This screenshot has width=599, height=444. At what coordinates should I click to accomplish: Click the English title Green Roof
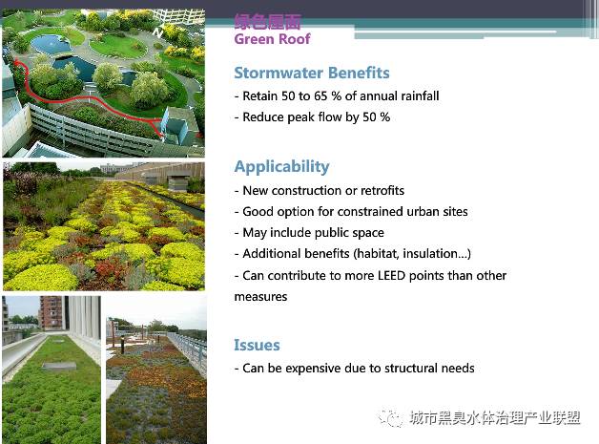[272, 38]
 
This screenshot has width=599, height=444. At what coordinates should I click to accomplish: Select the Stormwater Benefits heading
[312, 73]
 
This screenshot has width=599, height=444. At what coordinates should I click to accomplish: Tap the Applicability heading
[281, 167]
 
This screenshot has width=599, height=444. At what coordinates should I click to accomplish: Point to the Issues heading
[257, 345]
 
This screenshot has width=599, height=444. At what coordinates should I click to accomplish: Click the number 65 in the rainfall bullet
[320, 96]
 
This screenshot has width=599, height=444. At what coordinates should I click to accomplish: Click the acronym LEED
[392, 276]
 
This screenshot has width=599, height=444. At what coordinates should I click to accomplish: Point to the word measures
[260, 297]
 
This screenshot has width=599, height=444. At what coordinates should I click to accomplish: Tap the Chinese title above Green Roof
[267, 21]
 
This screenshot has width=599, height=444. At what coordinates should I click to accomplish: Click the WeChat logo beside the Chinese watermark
[390, 417]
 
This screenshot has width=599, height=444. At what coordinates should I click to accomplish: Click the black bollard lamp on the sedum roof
[123, 346]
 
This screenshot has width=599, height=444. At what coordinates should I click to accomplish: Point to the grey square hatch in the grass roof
[59, 367]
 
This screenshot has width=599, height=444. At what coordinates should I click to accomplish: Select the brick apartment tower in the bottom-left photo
[50, 312]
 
